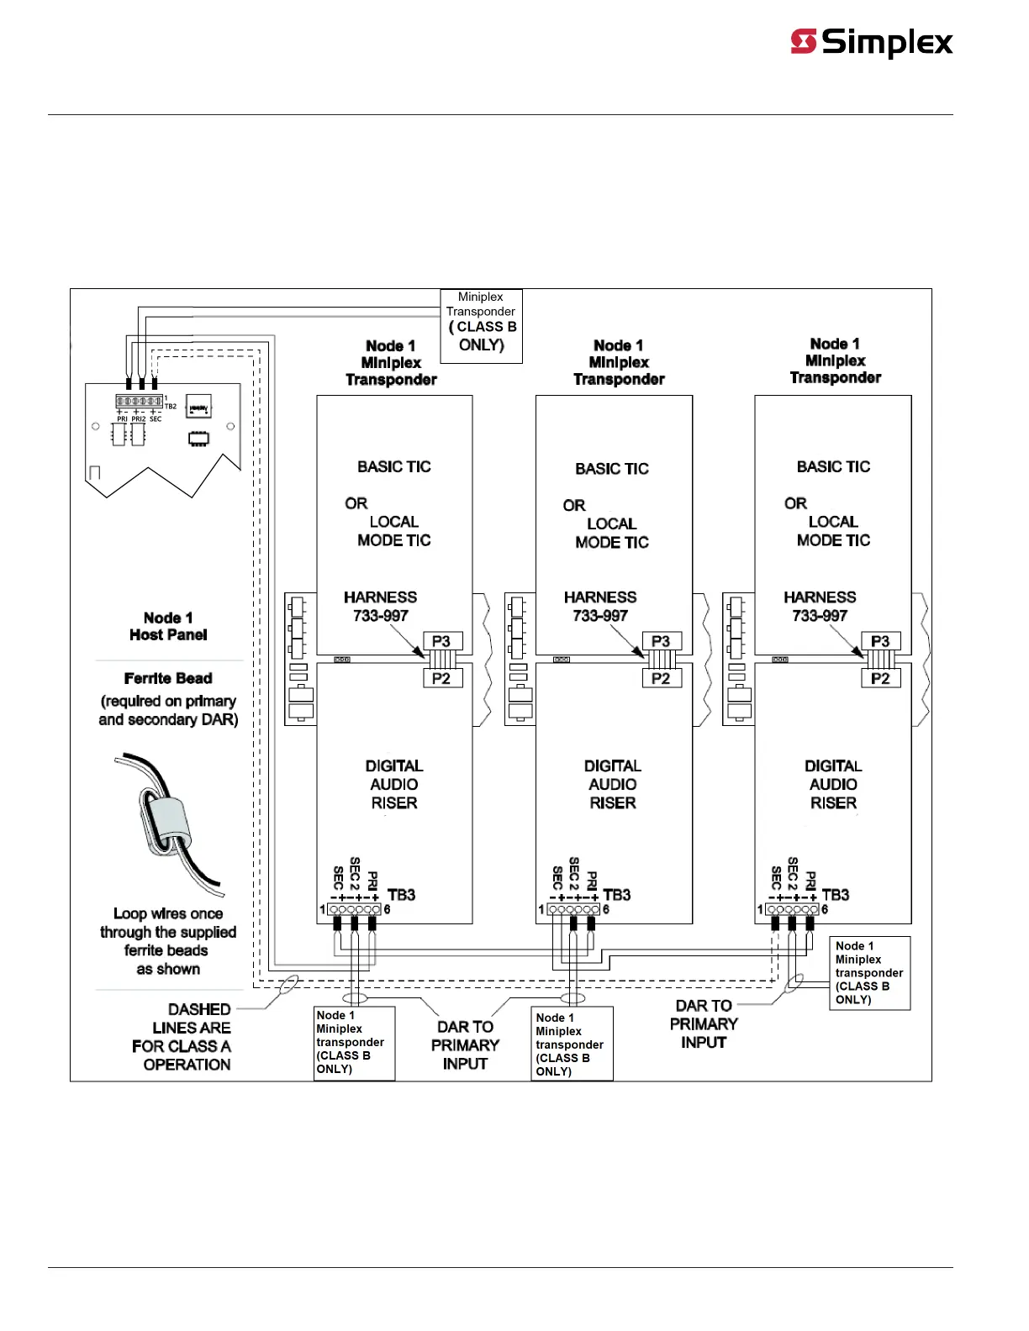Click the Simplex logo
pos(872,42)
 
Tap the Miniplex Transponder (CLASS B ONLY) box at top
pos(481,325)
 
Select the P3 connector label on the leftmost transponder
pos(441,641)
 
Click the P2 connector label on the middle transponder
pos(661,678)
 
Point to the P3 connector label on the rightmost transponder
pos(880,641)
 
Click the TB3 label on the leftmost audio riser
pos(402,895)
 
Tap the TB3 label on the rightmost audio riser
pos(836,895)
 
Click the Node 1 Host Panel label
pos(168,626)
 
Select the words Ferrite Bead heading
pos(168,678)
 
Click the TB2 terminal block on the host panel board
pos(140,402)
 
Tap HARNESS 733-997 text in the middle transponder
pos(600,606)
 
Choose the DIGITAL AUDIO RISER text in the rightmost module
pos(833,784)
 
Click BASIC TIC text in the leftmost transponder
pos(393,466)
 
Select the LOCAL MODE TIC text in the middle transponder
pos(612,533)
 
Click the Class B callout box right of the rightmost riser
pos(869,972)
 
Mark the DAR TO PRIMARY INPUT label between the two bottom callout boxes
pos(465,1045)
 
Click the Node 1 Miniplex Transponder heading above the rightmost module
pos(835,360)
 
